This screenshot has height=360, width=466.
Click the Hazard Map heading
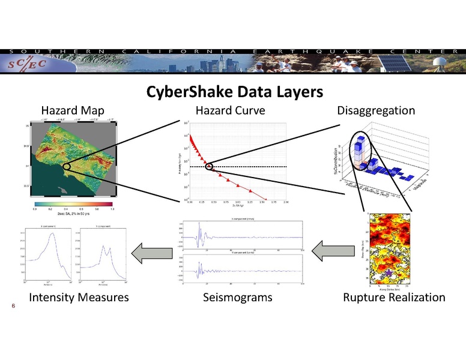(x=72, y=110)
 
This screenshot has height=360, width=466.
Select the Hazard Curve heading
(x=230, y=110)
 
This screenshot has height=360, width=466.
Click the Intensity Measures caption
(x=79, y=297)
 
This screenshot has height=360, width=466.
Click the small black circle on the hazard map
(x=67, y=168)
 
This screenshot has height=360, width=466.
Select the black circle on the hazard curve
(x=210, y=166)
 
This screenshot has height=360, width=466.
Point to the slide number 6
(x=13, y=305)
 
